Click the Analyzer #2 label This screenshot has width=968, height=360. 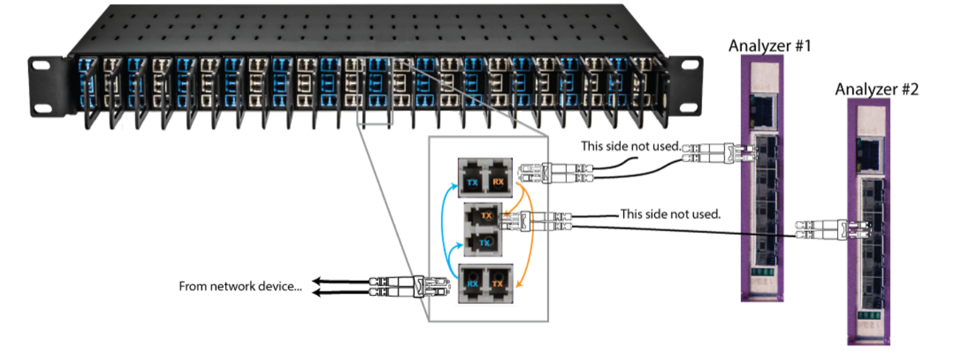[x=877, y=89]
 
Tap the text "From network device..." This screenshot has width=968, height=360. [x=240, y=286]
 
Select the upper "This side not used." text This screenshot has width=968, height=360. [x=631, y=146]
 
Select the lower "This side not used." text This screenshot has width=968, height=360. [x=670, y=214]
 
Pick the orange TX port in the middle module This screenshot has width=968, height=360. [x=486, y=216]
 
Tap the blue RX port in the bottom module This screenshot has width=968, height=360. [x=472, y=284]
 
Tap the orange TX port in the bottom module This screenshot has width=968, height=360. [x=498, y=284]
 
